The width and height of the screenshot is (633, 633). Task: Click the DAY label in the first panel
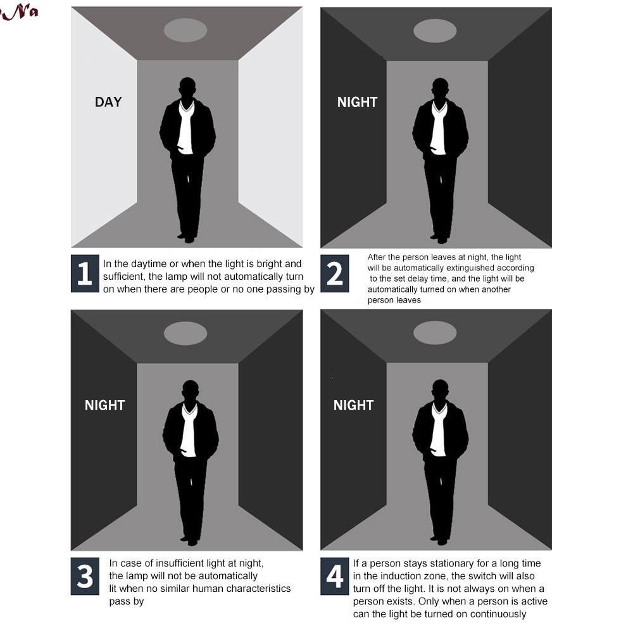point(108,102)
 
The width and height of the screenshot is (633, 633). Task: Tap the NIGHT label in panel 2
point(357,102)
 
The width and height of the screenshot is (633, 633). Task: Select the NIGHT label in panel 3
point(105,405)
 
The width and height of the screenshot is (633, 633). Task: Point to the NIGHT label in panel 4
point(354,405)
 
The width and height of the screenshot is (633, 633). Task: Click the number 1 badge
point(85,273)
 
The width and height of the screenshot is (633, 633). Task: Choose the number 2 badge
point(335,273)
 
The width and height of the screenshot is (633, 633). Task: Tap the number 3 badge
point(85,576)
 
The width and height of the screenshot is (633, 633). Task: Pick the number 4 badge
point(335,576)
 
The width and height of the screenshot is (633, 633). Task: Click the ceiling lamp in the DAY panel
point(185,30)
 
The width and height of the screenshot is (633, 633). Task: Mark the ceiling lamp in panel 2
point(436,30)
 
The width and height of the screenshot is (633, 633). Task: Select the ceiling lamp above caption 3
point(185,334)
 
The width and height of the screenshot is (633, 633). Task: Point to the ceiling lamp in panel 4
point(436,333)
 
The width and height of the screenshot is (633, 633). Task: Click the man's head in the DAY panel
point(187,87)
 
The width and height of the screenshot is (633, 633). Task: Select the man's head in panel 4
point(440,390)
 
